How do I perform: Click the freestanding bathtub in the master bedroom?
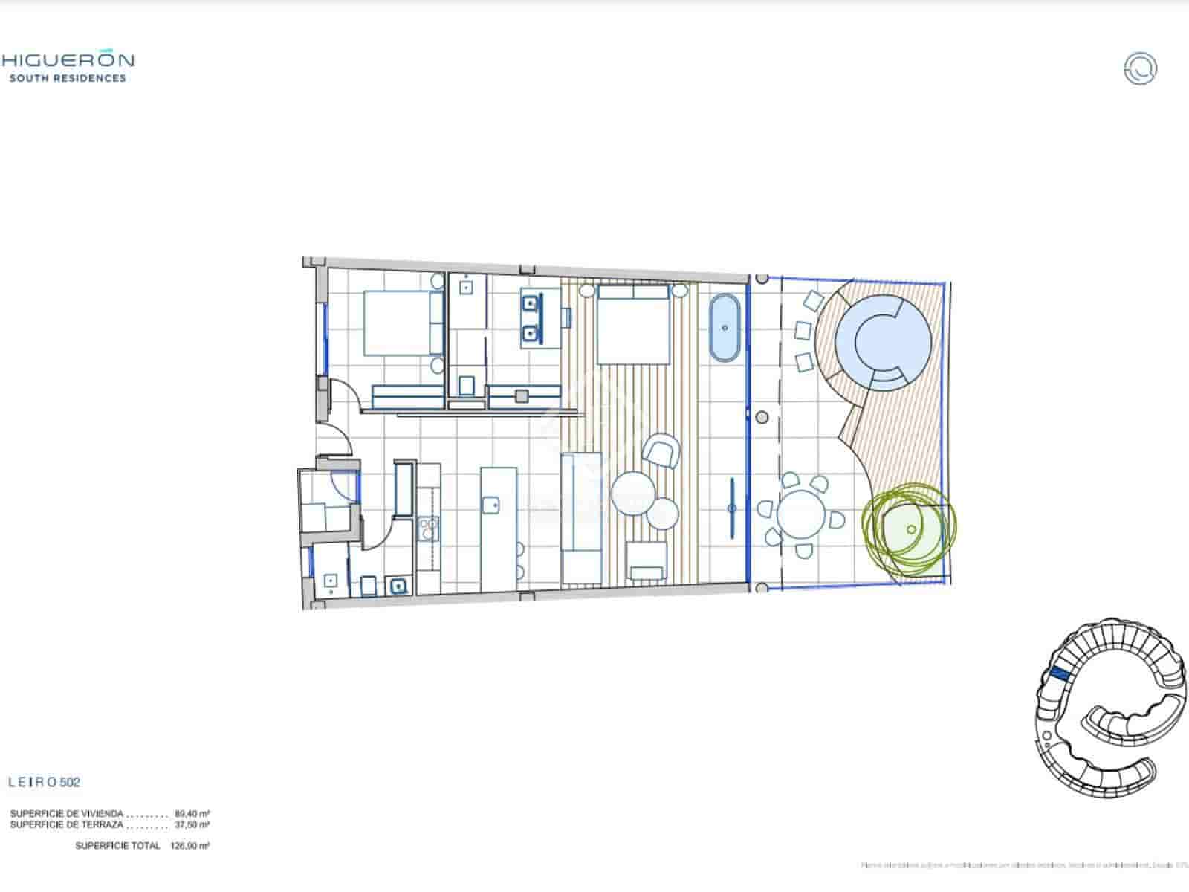724,329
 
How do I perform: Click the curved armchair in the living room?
661,451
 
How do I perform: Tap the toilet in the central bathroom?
467,385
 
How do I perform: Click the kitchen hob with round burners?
429,528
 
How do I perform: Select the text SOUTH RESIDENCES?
68,78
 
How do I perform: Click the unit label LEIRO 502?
44,782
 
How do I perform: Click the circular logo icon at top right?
1140,68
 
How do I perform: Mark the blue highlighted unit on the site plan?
1059,674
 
